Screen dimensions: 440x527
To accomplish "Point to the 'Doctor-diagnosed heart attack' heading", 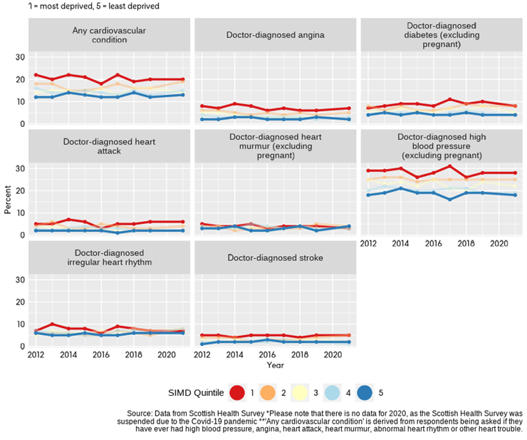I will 110,146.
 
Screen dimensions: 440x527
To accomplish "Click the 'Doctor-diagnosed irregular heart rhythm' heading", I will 110,257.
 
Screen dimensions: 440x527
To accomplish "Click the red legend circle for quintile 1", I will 237,392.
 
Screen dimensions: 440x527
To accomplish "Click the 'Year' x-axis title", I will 275,364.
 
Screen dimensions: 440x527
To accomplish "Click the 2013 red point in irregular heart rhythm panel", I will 52,324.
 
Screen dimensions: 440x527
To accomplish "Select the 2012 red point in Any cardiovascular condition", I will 36,75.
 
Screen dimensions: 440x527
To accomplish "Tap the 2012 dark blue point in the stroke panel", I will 203,344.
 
